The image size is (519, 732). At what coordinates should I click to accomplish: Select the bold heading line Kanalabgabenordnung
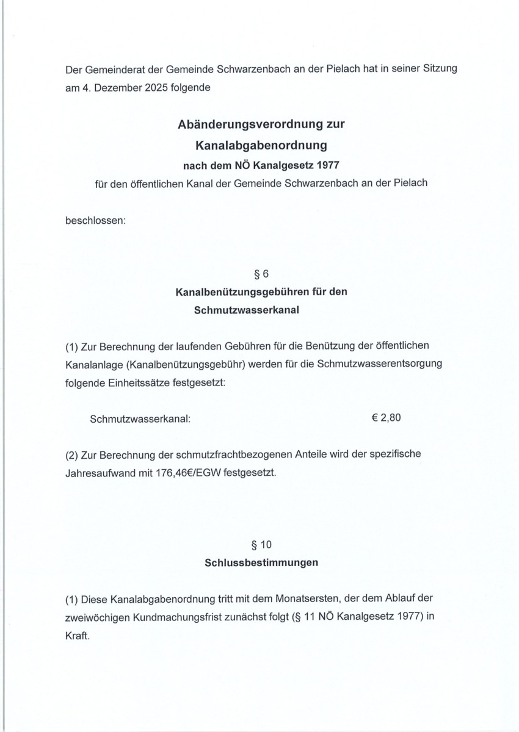(x=261, y=145)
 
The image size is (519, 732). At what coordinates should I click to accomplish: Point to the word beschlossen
(x=95, y=220)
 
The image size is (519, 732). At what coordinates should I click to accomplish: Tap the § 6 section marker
(x=261, y=273)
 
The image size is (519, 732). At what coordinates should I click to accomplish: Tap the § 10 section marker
(x=261, y=543)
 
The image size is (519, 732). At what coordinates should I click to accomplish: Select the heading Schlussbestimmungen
(x=261, y=562)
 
